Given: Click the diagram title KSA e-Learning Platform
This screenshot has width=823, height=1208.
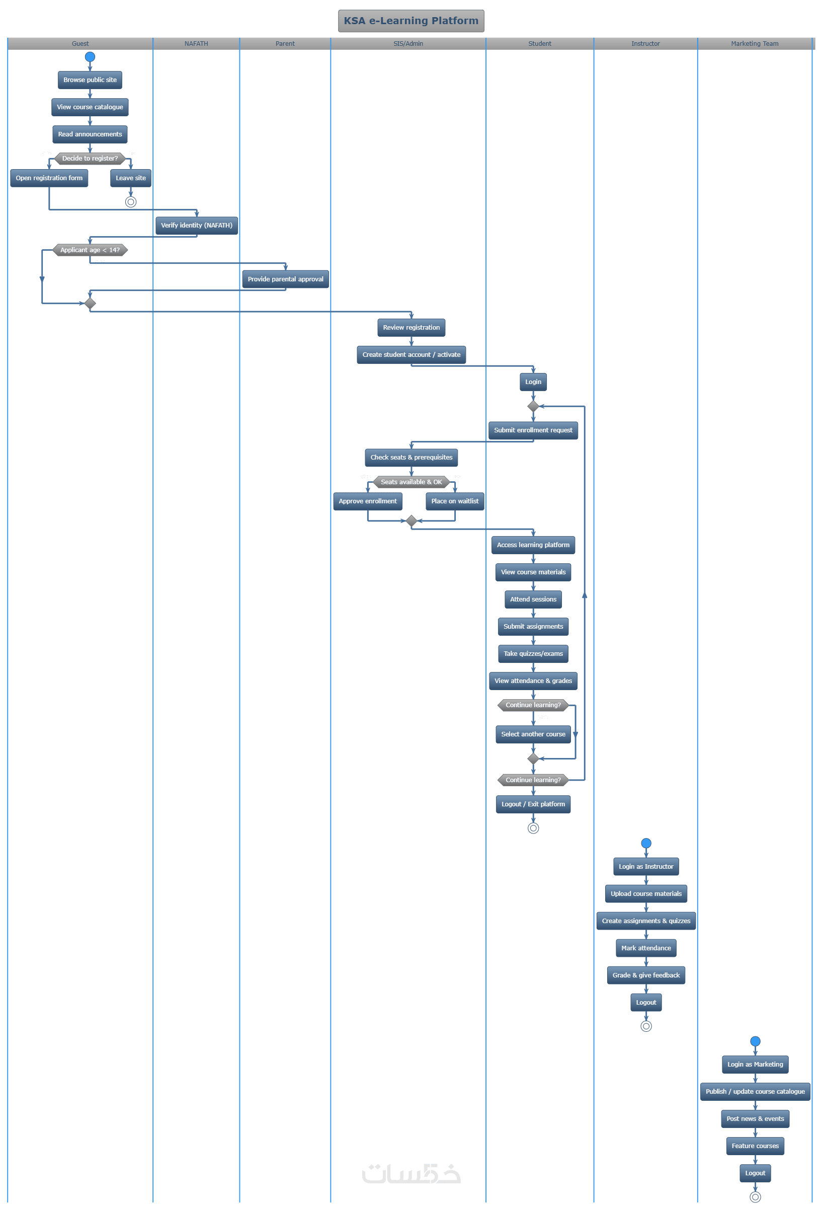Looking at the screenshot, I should pyautogui.click(x=411, y=21).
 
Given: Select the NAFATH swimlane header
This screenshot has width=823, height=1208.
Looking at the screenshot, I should pyautogui.click(x=196, y=44).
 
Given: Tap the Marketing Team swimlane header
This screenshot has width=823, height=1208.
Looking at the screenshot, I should pyautogui.click(x=755, y=44).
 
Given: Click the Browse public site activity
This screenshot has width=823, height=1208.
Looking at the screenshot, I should pyautogui.click(x=90, y=80).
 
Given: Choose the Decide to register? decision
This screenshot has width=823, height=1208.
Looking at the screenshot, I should pyautogui.click(x=90, y=159).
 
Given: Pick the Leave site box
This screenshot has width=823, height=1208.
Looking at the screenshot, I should pyautogui.click(x=130, y=178).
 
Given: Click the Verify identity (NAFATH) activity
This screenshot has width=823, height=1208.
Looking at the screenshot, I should pyautogui.click(x=196, y=225).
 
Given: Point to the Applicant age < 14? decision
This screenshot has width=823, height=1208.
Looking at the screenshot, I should pyautogui.click(x=90, y=250).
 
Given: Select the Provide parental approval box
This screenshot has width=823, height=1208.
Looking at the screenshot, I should pyautogui.click(x=285, y=279).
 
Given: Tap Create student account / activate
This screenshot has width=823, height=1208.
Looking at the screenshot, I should pyautogui.click(x=411, y=354).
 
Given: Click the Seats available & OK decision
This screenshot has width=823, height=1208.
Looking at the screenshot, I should pyautogui.click(x=411, y=482).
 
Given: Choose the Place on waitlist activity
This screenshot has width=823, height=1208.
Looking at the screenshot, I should pyautogui.click(x=455, y=501).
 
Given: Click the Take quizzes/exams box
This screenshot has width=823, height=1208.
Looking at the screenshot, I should pyautogui.click(x=533, y=653).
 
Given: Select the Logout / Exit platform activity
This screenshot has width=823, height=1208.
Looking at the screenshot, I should pyautogui.click(x=533, y=804).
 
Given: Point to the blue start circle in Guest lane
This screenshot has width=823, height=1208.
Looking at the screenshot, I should pyautogui.click(x=90, y=57).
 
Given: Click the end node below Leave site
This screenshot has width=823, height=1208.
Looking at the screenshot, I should pyautogui.click(x=130, y=202).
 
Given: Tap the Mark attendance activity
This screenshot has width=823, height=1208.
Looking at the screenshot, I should pyautogui.click(x=646, y=948).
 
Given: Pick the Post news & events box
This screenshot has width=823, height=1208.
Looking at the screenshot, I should pyautogui.click(x=755, y=1118).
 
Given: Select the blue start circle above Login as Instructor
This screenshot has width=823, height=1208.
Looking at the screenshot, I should pyautogui.click(x=646, y=843).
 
